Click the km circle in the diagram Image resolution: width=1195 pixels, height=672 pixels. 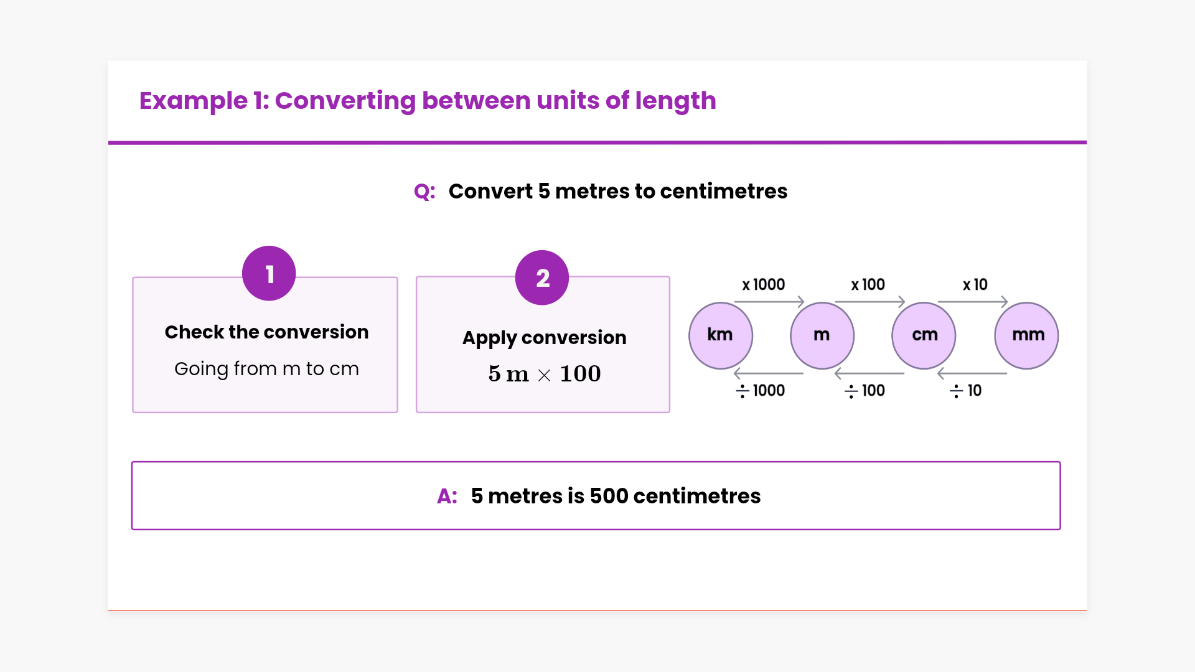pyautogui.click(x=721, y=335)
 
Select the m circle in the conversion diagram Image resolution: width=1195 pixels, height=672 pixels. pyautogui.click(x=822, y=335)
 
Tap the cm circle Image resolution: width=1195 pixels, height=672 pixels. pyautogui.click(x=924, y=335)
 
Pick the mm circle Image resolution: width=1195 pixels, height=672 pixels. pyautogui.click(x=1026, y=335)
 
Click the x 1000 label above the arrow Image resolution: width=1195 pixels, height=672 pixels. pyautogui.click(x=763, y=284)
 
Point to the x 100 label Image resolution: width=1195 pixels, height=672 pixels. pyautogui.click(x=868, y=284)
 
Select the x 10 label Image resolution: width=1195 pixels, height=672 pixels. pyautogui.click(x=975, y=284)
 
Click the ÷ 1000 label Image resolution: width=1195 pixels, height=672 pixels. pyautogui.click(x=760, y=391)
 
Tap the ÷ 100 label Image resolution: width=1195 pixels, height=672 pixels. pyautogui.click(x=865, y=391)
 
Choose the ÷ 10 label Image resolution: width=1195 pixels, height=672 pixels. pyautogui.click(x=965, y=391)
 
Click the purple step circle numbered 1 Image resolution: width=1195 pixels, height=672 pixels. pyautogui.click(x=269, y=273)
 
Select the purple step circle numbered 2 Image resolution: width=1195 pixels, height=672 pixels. pyautogui.click(x=542, y=278)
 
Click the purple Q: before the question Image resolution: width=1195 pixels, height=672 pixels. pyautogui.click(x=424, y=192)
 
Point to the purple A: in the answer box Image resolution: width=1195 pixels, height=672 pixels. pyautogui.click(x=447, y=496)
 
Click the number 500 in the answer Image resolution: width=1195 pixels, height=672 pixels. pyautogui.click(x=609, y=496)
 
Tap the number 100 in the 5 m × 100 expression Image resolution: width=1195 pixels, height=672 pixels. pyautogui.click(x=580, y=373)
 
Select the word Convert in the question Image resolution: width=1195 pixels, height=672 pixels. pyautogui.click(x=490, y=191)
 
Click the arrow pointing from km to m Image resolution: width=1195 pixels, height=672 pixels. pyautogui.click(x=769, y=302)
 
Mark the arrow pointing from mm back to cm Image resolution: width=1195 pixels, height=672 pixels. pyautogui.click(x=972, y=373)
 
